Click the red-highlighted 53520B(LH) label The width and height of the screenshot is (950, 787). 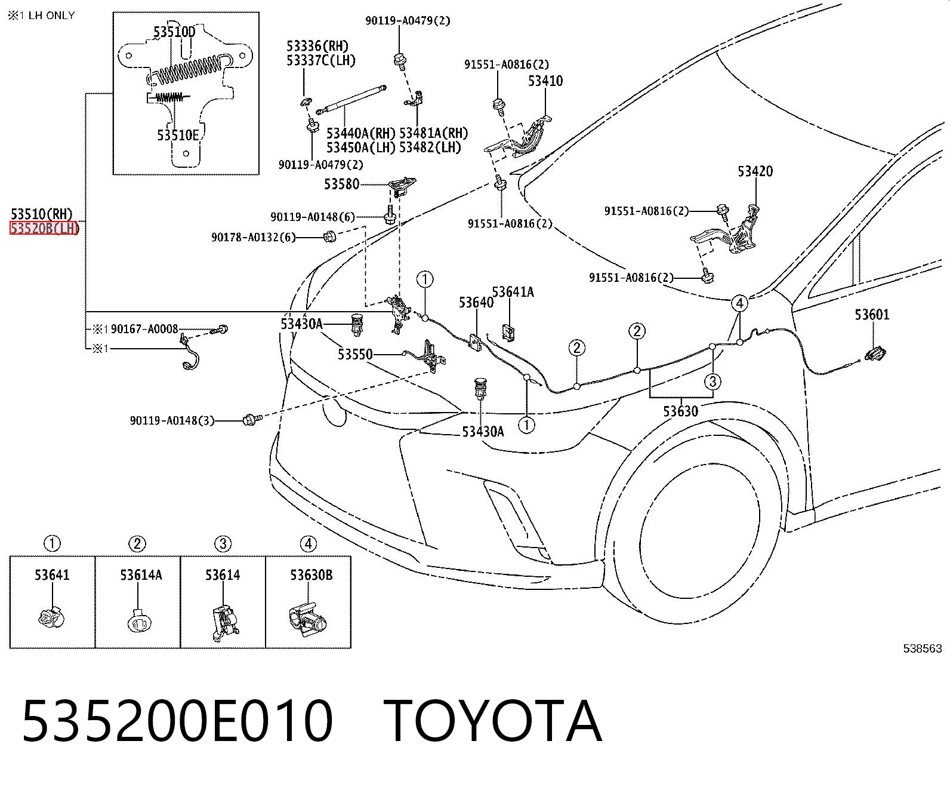44,228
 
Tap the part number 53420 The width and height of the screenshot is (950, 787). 755,171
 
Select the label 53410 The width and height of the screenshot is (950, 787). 545,81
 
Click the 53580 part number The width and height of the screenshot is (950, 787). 342,184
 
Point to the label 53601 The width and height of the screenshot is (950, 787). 872,314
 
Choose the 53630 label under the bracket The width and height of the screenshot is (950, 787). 680,411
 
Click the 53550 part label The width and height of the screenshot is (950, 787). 355,354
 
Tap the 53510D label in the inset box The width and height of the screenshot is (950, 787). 174,32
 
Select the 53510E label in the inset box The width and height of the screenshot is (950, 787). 178,136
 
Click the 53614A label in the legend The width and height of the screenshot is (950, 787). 141,575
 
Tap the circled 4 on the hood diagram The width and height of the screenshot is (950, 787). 740,303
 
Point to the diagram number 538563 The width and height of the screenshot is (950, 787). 922,648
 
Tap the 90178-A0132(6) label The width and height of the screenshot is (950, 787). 254,237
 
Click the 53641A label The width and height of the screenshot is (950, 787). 513,292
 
